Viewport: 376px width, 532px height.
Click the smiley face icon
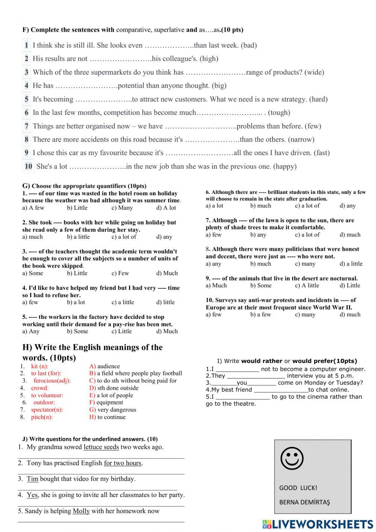[292, 458]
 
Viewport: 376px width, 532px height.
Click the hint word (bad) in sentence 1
[249, 46]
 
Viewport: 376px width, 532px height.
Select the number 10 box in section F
[28, 166]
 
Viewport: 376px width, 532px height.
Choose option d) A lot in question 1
[166, 208]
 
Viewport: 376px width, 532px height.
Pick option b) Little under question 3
[77, 273]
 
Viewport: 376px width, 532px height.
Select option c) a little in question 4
[123, 302]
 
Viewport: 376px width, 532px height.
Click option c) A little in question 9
[307, 285]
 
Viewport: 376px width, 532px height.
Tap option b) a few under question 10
[261, 315]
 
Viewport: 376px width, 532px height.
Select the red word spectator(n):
[47, 410]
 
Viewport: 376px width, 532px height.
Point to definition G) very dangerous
[112, 410]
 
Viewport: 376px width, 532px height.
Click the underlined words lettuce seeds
[101, 447]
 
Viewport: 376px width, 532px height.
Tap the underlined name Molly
[81, 511]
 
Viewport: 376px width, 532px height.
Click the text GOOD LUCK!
[298, 488]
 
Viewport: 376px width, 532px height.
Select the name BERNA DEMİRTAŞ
[304, 502]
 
